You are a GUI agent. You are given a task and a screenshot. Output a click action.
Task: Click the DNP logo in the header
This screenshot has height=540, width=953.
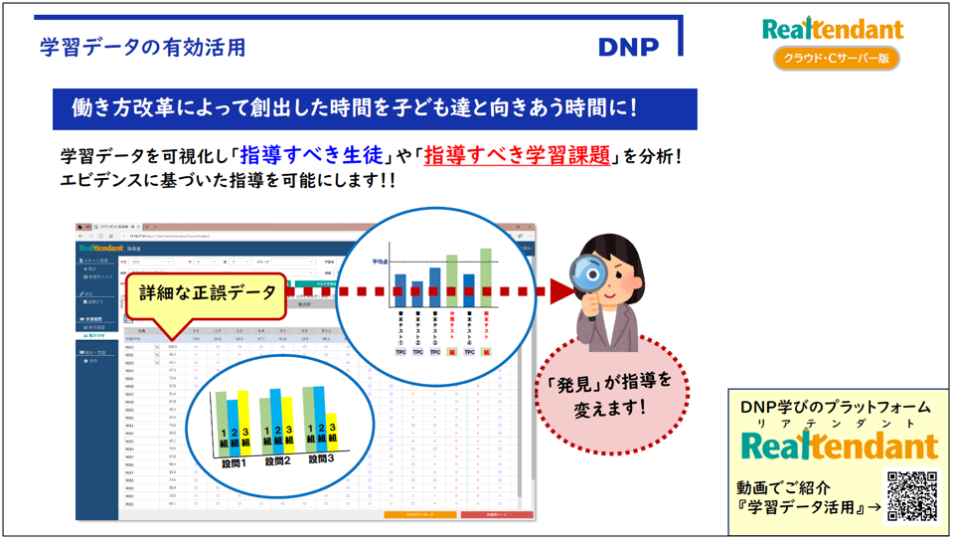coord(628,47)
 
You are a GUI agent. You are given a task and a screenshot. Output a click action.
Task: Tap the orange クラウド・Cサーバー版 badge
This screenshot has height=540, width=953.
coord(836,59)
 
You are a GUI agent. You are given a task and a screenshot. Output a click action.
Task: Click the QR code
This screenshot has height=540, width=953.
coord(911,495)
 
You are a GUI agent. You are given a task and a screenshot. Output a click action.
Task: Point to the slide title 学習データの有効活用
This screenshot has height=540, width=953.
coord(143,47)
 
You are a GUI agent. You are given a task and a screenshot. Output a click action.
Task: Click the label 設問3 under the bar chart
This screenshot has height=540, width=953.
coord(321,458)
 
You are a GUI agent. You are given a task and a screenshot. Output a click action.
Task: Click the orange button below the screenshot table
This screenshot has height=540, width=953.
coord(419,514)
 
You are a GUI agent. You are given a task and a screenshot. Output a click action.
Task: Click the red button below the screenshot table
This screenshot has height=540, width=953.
coord(496,514)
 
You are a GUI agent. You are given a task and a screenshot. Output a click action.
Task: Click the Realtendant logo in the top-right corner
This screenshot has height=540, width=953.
coord(833,29)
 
